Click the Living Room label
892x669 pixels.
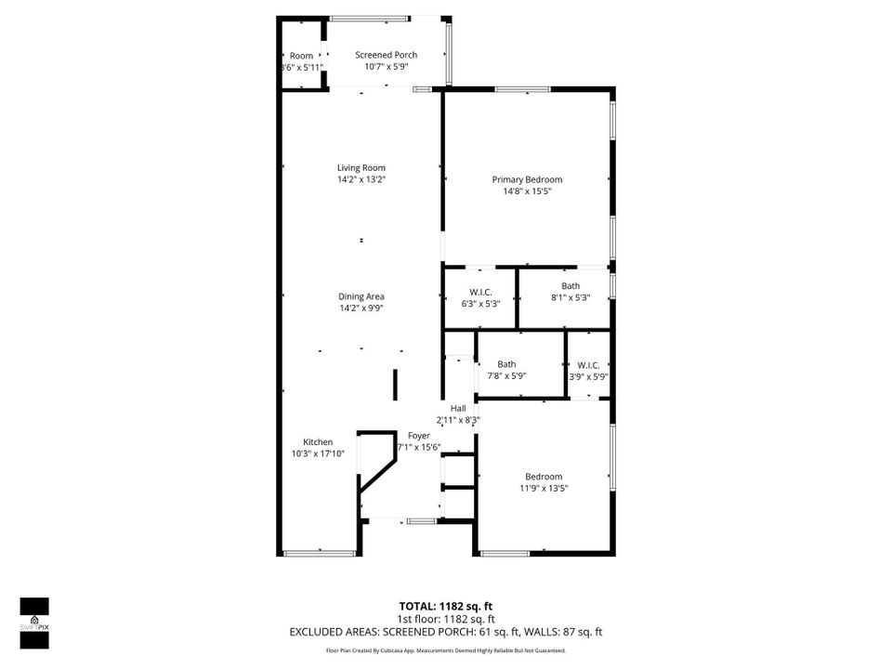361,168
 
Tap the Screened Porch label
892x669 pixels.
387,55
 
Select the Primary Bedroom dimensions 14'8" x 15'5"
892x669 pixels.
527,191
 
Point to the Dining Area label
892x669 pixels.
361,296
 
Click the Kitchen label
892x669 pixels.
318,442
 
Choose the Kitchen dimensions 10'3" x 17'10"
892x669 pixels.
318,453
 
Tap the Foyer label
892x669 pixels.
419,435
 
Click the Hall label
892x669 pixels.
458,409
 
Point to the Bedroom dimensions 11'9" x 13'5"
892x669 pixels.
544,488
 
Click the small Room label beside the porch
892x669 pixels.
301,56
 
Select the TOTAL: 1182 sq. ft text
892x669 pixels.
445,606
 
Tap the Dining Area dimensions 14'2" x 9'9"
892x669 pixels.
361,308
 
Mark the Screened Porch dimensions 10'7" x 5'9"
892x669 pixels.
387,67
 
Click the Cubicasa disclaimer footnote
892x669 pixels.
445,650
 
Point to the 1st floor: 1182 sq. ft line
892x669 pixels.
445,619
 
